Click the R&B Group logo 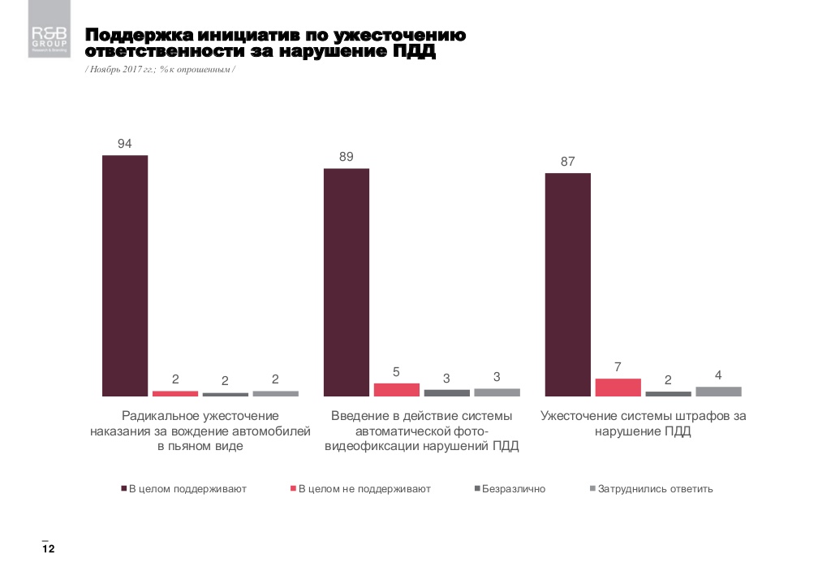pos(50,39)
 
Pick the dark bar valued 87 pos(568,284)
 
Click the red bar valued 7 pos(618,388)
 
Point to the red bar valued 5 pos(396,390)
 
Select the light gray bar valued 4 pos(718,392)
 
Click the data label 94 pos(125,144)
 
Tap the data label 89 pos(347,157)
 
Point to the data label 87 pos(567,162)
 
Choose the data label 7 pos(618,367)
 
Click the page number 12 pos(48,550)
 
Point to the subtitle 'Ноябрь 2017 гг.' pos(123,71)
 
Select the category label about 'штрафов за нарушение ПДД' pos(644,423)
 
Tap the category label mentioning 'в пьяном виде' pos(200,431)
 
